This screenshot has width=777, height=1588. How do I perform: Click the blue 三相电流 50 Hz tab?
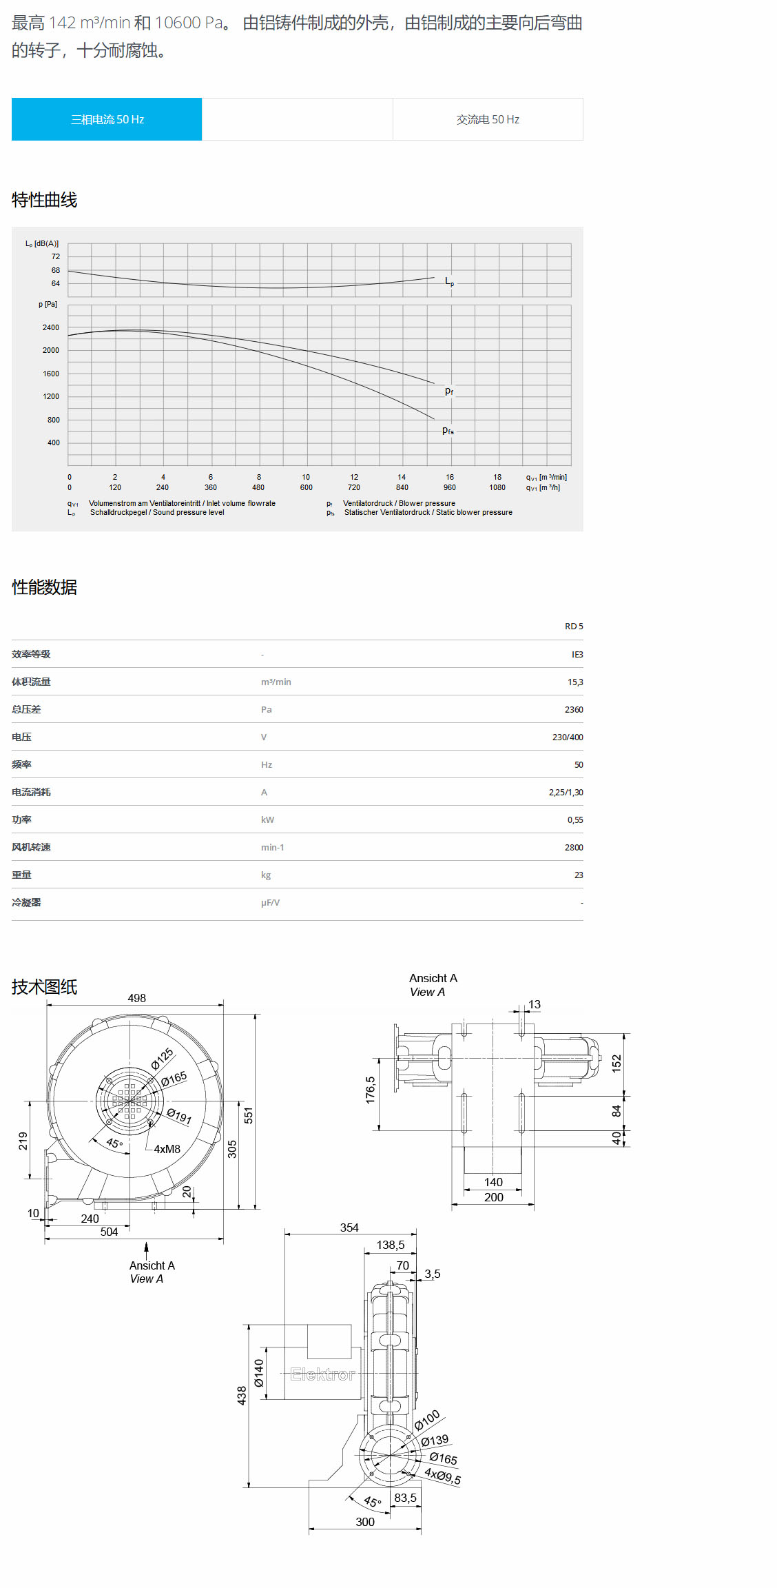pyautogui.click(x=107, y=119)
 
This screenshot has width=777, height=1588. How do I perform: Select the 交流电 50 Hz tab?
pyautogui.click(x=488, y=119)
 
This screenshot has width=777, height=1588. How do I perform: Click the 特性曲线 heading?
pyautogui.click(x=44, y=200)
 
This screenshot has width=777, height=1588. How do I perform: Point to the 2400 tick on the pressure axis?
pyautogui.click(x=51, y=327)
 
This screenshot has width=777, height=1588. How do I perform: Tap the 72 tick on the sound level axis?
pyautogui.click(x=56, y=256)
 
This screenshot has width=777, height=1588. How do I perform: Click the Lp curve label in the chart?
pyautogui.click(x=449, y=281)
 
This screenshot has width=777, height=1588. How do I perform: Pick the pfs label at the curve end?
pyautogui.click(x=448, y=431)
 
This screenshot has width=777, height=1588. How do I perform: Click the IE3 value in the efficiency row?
pyautogui.click(x=577, y=654)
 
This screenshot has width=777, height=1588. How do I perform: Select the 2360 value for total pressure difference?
pyautogui.click(x=573, y=709)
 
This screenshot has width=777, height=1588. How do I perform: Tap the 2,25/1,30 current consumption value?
pyautogui.click(x=566, y=792)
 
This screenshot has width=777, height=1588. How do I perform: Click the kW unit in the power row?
pyautogui.click(x=267, y=820)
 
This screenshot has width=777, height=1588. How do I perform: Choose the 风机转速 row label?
pyautogui.click(x=31, y=847)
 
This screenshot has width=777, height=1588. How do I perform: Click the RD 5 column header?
pyautogui.click(x=573, y=626)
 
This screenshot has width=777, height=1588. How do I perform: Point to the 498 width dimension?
pyautogui.click(x=136, y=998)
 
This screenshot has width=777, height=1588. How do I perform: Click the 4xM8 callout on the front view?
pyautogui.click(x=167, y=1149)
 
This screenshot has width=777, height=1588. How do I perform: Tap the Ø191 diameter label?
pyautogui.click(x=179, y=1116)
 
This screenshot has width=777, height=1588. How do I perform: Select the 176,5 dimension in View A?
pyautogui.click(x=371, y=1090)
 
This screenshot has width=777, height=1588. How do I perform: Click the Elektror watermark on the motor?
pyautogui.click(x=322, y=1374)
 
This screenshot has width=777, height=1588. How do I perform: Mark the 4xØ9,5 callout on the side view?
pyautogui.click(x=442, y=1476)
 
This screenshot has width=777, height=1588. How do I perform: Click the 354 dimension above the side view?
pyautogui.click(x=349, y=1228)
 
